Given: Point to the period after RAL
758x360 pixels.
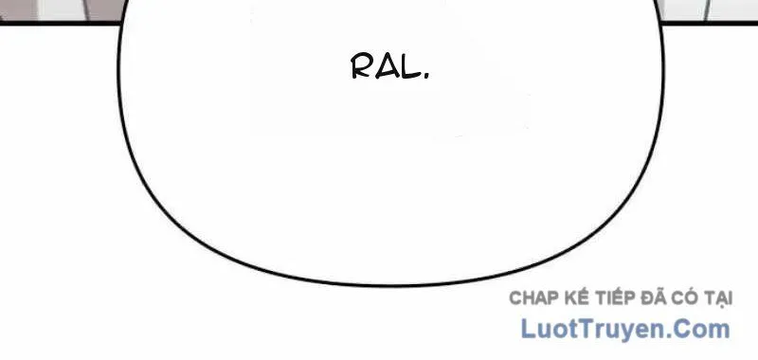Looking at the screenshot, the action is coord(425,76).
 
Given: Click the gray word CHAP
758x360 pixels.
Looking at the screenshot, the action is coord(533,298).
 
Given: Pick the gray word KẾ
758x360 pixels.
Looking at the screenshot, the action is coord(576,297).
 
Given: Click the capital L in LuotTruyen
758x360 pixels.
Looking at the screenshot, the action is coord(528,329).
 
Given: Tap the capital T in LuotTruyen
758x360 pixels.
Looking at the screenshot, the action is coord(587,329).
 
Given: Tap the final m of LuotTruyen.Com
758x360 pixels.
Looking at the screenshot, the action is coord(720,332).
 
